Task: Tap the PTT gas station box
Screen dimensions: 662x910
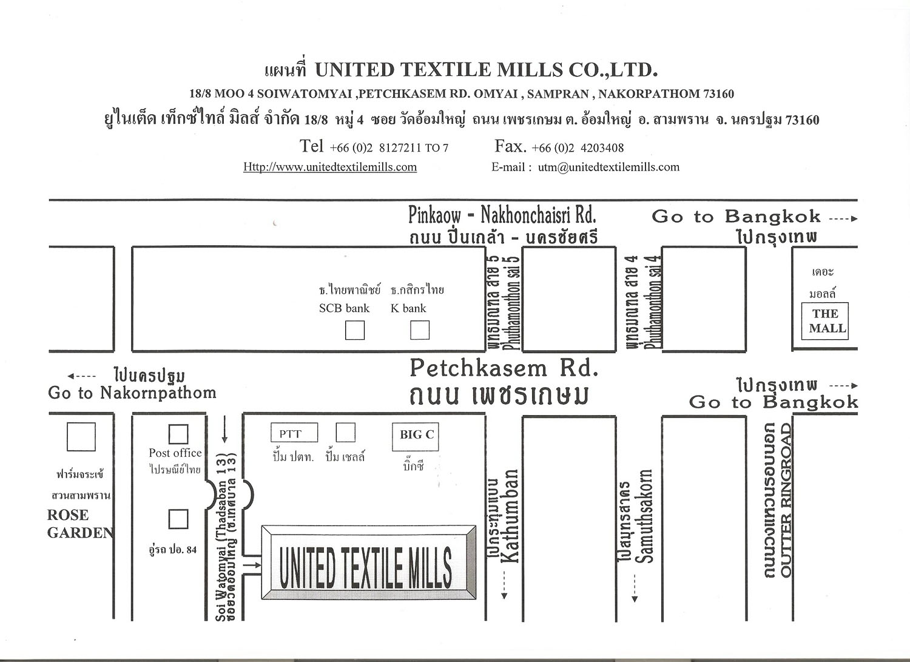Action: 294,433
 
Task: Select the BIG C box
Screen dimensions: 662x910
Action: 416,436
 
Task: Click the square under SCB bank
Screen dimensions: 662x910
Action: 355,330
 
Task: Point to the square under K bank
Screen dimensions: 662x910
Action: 420,330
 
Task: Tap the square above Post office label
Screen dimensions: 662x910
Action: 178,434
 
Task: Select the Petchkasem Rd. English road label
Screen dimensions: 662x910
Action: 504,368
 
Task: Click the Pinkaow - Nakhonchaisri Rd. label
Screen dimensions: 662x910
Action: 502,215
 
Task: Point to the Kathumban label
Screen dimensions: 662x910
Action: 511,516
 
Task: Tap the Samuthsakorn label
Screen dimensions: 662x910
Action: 645,516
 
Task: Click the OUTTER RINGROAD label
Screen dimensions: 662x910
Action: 787,501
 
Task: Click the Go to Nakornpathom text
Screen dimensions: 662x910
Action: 132,393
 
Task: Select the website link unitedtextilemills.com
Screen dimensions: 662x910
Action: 330,167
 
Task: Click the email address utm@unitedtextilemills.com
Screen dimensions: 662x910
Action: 608,167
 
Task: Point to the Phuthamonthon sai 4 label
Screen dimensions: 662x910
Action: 654,302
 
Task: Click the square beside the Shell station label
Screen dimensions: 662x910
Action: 345,433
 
